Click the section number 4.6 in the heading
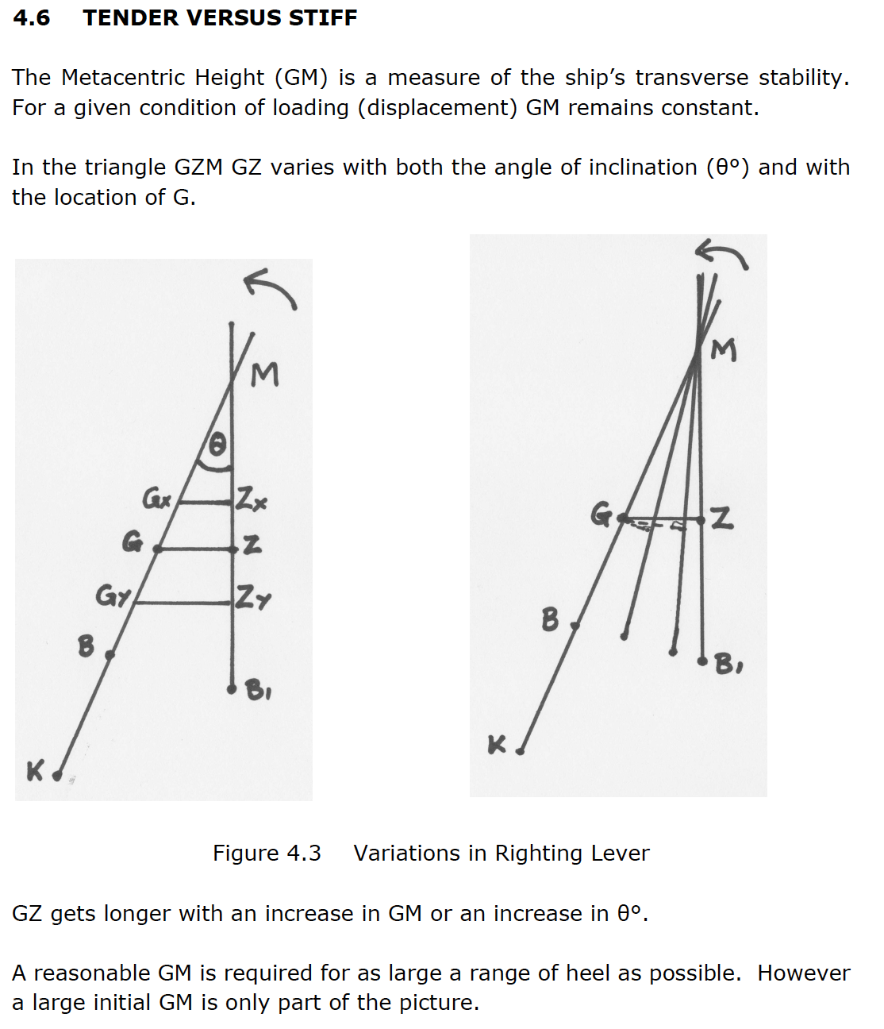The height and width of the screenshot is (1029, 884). pos(32,17)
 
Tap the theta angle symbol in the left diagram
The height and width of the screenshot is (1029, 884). pos(217,445)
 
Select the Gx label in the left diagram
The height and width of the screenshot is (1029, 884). pos(156,499)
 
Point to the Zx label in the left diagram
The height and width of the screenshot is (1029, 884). pos(252,501)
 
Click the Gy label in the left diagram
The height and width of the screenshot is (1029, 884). pos(112,595)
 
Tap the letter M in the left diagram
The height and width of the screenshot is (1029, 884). pos(265,374)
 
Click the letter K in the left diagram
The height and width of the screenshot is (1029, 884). pos(35,770)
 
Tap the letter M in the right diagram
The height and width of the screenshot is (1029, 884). pos(723,349)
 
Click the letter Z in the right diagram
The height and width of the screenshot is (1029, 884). pos(721,518)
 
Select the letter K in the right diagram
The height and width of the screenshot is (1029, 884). pos(496,745)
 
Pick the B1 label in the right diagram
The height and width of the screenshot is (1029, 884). pos(728,663)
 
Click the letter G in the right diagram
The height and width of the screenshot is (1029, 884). pos(601,514)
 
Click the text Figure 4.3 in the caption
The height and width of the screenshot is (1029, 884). pos(267,854)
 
